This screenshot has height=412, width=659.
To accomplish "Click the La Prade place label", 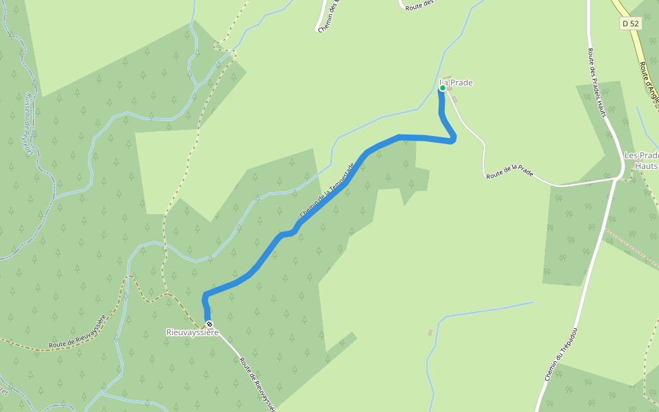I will coord(456,83).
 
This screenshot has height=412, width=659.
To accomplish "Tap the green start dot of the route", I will coord(443,88).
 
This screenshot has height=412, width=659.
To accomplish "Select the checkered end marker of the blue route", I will coord(209,324).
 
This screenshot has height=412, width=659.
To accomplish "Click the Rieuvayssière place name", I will coord(192,332).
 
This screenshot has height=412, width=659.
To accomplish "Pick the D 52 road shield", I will coord(629,23).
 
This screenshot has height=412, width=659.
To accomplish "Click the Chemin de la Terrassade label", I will coord(327,192).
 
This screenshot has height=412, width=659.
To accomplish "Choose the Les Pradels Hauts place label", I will coord(641,161).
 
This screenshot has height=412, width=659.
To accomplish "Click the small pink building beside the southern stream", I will coord(430,333).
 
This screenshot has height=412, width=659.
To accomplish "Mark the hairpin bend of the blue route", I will coord(452,139).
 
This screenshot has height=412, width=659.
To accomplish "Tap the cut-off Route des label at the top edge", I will coord(420,5).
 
